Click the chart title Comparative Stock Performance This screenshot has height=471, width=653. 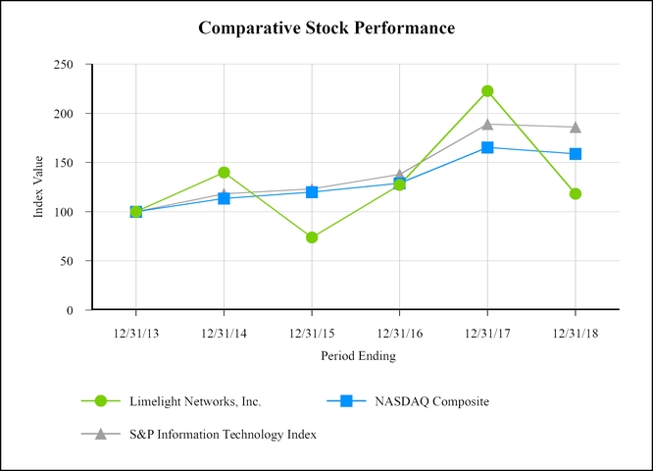pos(326,27)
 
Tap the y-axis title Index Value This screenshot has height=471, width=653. pos(38,186)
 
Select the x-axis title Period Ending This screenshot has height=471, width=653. pos(358,356)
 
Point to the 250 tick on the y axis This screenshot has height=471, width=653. pos(65,65)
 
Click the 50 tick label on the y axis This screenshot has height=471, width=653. pos(69,261)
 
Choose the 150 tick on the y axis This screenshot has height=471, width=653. pos(65,163)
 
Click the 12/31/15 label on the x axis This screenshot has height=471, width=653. pos(311,334)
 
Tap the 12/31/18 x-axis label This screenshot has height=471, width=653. pos(575,334)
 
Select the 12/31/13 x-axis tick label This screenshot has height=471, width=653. pos(135,334)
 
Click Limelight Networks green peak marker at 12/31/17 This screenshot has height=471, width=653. pos(487,91)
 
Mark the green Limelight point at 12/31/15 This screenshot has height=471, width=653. pos(312,237)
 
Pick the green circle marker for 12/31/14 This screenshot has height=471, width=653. pos(224,173)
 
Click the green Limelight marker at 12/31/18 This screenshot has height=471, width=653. pos(576,193)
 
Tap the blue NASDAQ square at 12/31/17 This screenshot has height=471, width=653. pos(487,147)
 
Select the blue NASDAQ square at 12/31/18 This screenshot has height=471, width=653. pos(576,154)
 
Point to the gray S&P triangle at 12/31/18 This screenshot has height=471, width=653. pos(576,127)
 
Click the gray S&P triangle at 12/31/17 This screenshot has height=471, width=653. pos(487,124)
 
